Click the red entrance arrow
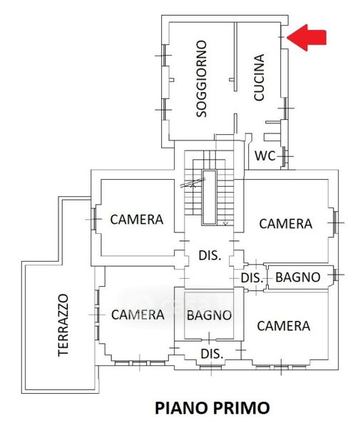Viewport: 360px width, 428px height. coord(307,37)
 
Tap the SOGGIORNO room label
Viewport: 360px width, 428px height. coord(202,79)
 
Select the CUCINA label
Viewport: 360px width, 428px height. coord(259,77)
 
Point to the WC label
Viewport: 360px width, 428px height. coord(265,156)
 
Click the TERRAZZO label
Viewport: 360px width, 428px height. coord(63,325)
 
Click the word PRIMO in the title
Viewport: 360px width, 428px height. coord(242,408)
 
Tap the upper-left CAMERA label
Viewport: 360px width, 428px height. coord(137,220)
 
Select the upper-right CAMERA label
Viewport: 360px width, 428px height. coord(286,224)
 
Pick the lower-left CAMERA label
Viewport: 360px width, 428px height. coord(138,315)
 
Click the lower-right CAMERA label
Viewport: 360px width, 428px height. coord(284,326)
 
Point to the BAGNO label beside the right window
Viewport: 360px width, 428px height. coord(298,277)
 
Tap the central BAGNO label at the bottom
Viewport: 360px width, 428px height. coord(209,315)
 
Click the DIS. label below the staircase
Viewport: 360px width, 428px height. coord(210,255)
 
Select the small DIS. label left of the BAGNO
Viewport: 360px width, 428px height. coord(252,278)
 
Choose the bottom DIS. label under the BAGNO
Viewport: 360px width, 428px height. coord(212,354)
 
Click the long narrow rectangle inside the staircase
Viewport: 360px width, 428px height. coord(209,198)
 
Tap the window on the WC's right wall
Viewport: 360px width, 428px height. coord(284,156)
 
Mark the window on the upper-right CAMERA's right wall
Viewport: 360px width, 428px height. coord(336,223)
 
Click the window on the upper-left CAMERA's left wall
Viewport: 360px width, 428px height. coord(94,219)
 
